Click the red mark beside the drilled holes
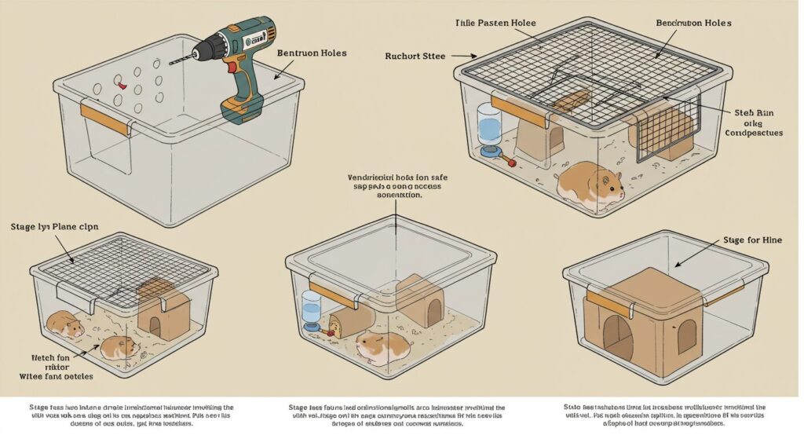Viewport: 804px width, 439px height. (119, 80)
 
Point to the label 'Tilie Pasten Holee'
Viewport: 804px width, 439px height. (495, 23)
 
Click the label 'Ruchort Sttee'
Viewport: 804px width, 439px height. (416, 56)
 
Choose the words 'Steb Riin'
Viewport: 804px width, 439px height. (753, 113)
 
